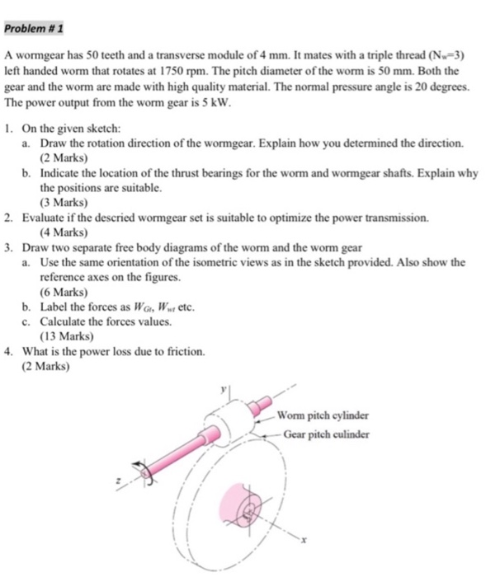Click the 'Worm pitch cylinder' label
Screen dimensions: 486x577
pyautogui.click(x=323, y=415)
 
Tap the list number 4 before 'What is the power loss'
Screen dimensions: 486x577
pyautogui.click(x=7, y=351)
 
